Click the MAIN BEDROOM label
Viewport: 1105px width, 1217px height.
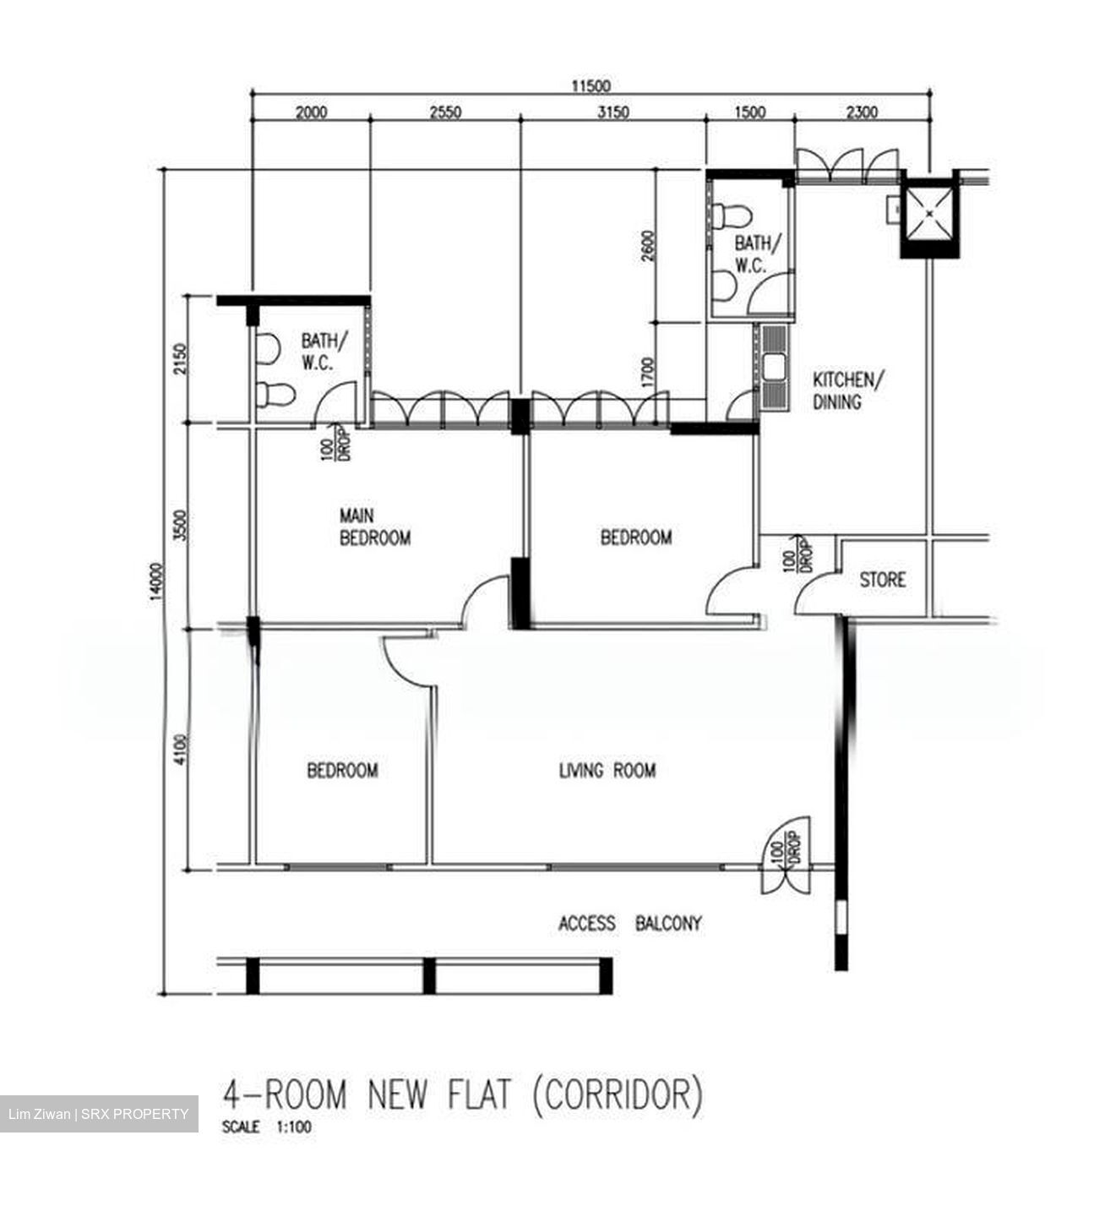374,527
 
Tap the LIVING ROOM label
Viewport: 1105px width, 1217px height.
607,770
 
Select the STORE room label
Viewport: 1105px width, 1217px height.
882,580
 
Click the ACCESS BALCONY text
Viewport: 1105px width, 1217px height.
629,923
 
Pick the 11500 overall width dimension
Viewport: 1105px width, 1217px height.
591,85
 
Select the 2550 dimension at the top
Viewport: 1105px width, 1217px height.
445,112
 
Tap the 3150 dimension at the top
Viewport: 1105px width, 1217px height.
612,112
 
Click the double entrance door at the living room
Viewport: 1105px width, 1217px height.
786,855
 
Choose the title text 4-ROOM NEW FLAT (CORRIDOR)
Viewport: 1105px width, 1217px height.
462,1094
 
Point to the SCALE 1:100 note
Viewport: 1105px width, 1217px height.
266,1127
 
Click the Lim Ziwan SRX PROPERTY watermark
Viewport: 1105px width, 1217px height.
99,1114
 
